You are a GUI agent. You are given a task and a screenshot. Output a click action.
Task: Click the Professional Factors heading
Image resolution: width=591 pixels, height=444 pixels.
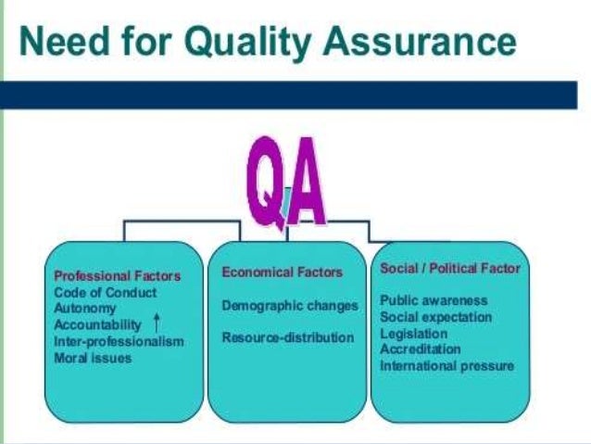tap(118, 276)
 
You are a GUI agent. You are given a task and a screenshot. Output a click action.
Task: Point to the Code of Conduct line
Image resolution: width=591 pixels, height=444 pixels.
tap(106, 292)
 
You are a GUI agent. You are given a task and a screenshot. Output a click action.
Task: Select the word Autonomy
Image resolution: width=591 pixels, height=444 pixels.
tap(85, 308)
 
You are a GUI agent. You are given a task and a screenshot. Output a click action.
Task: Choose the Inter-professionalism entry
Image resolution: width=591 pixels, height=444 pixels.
tap(119, 341)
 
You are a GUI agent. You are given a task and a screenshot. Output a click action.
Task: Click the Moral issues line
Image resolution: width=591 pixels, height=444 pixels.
tap(94, 357)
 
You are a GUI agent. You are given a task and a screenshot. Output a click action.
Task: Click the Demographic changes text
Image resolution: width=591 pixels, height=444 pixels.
tap(290, 305)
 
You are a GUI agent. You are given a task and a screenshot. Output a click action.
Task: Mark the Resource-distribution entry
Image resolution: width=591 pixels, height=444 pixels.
tap(288, 337)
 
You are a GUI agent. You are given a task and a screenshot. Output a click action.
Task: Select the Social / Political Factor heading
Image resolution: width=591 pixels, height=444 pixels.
tap(450, 269)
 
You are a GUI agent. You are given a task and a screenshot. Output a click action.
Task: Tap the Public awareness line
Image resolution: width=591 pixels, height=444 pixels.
tap(434, 301)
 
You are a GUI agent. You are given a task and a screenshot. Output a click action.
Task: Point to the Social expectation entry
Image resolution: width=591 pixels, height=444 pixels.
tap(435, 317)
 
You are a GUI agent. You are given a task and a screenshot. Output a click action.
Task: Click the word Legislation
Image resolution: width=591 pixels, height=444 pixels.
tap(414, 333)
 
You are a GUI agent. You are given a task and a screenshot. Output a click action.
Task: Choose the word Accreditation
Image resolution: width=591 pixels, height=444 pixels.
tap(420, 349)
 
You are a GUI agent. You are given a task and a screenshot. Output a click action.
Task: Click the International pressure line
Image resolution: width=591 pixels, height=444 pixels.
tap(446, 365)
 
